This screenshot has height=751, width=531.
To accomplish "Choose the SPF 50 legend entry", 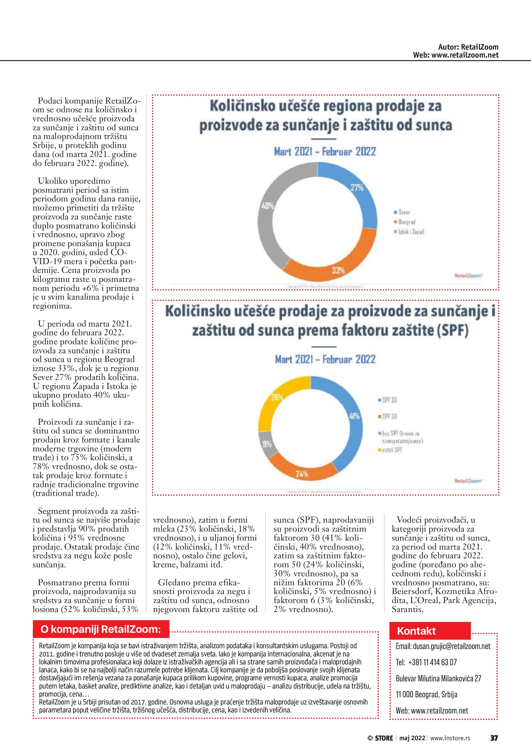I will [x=387, y=416].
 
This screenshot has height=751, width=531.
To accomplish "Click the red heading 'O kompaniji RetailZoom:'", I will [x=101, y=629].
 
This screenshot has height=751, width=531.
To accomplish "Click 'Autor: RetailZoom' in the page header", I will [x=468, y=47].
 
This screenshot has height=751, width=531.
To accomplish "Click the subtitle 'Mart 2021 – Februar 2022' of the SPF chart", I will [x=325, y=359].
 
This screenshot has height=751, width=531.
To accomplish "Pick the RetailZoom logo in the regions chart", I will [x=468, y=276].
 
